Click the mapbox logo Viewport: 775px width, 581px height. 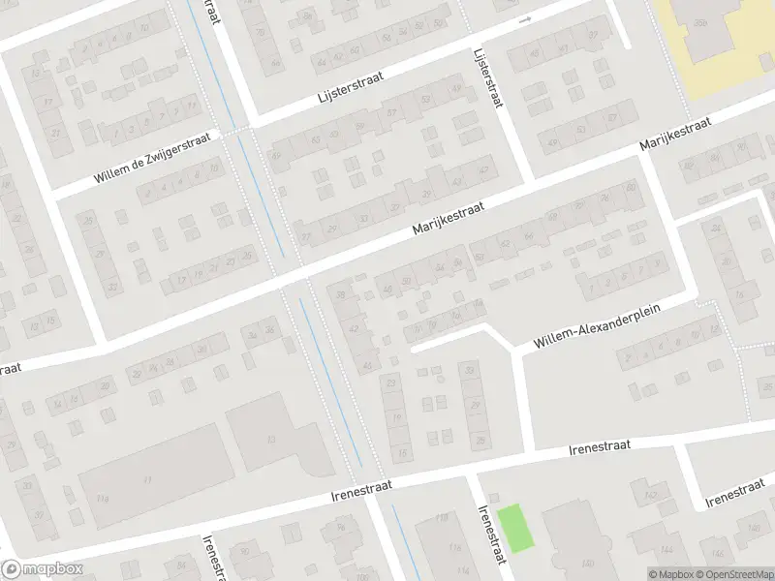(43, 569)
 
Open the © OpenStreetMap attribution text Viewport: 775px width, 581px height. (731, 574)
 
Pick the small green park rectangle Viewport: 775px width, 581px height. (515, 529)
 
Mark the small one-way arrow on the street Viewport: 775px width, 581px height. (526, 19)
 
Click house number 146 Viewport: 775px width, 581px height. (753, 528)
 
